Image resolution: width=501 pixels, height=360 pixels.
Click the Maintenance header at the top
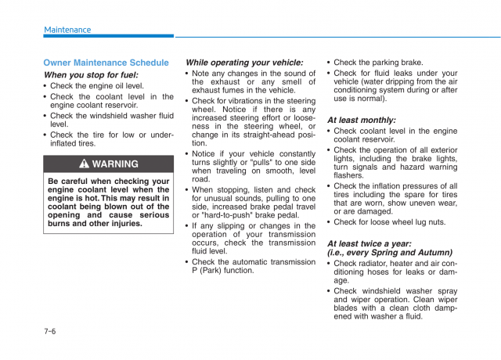[67, 30]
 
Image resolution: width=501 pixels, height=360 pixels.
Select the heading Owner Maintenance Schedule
[106, 63]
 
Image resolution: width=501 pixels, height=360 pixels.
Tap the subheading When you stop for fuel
[91, 75]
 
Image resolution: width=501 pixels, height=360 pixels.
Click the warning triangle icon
[85, 164]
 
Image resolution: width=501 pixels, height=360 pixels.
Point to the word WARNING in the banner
[115, 164]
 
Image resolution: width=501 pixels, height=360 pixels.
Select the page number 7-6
[49, 331]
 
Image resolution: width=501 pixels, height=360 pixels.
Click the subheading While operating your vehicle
[244, 63]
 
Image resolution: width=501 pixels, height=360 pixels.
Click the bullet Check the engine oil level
[97, 86]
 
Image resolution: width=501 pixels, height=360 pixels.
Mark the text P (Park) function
[223, 271]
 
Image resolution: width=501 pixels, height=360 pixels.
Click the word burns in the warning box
[60, 224]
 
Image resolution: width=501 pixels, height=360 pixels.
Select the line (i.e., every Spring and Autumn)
[389, 253]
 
